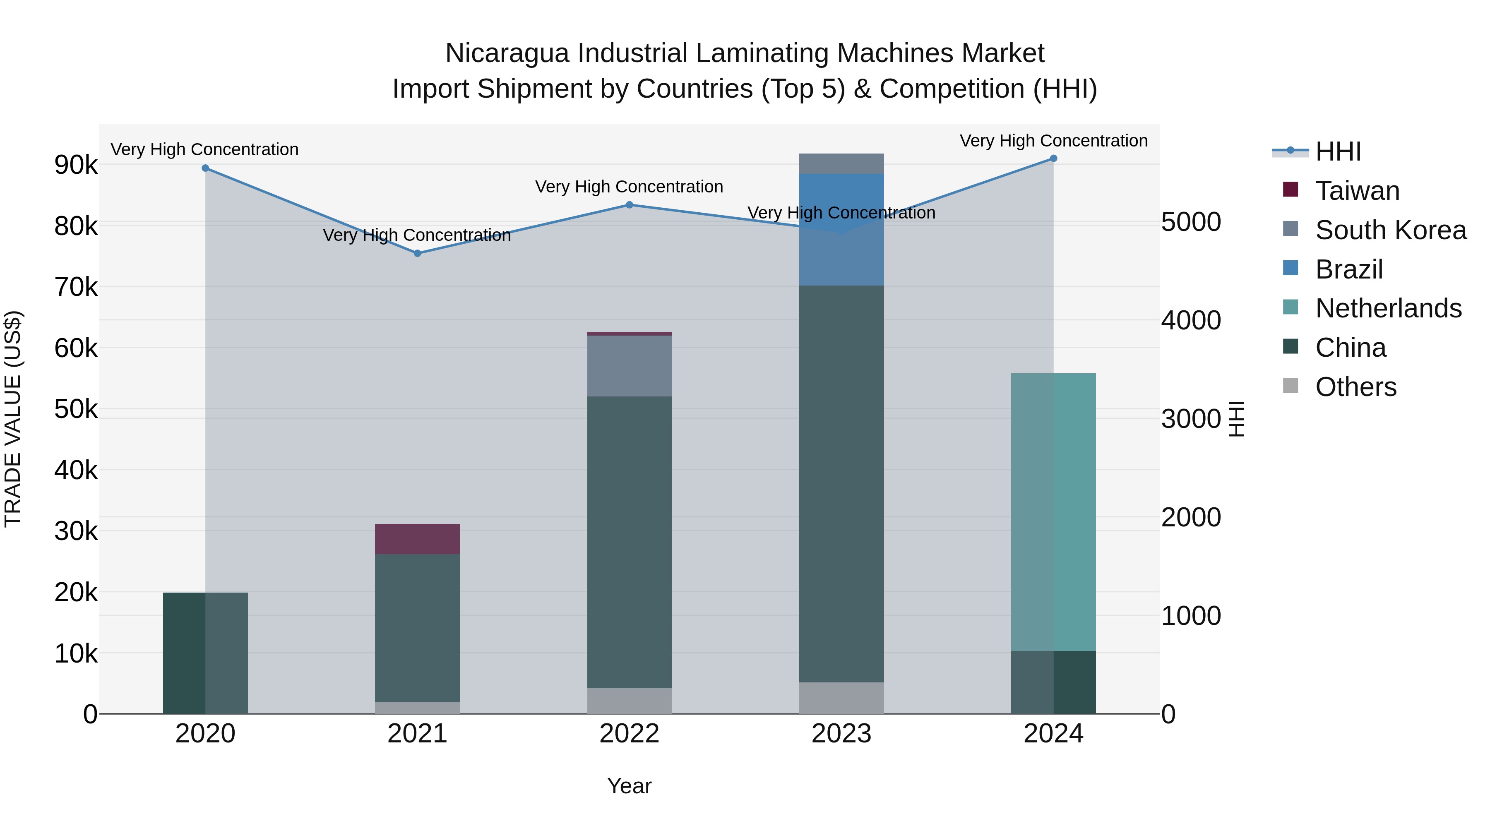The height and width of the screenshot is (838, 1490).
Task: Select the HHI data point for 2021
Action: (x=417, y=253)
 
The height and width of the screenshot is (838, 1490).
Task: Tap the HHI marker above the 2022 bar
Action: (x=629, y=205)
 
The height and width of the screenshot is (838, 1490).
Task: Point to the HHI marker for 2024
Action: (x=1053, y=158)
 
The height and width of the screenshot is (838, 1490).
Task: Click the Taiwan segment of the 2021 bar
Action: (x=417, y=539)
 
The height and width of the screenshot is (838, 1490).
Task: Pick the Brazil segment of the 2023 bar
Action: (x=841, y=230)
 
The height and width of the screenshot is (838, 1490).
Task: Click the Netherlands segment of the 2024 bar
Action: (x=1053, y=512)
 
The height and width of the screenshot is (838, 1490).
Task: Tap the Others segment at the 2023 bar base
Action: (x=841, y=698)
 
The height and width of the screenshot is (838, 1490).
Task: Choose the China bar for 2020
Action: (x=205, y=653)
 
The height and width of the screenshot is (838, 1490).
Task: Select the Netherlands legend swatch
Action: (x=1291, y=307)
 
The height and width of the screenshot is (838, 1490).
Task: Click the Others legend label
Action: (x=1356, y=387)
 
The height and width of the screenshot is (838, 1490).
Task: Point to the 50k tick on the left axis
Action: (x=76, y=409)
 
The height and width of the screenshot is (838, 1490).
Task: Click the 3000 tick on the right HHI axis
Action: (x=1191, y=419)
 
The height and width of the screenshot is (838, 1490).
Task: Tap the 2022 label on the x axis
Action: (x=629, y=734)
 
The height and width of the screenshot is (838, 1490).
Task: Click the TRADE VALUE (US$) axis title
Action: (x=13, y=419)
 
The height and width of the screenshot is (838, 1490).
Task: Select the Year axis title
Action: (x=629, y=786)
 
